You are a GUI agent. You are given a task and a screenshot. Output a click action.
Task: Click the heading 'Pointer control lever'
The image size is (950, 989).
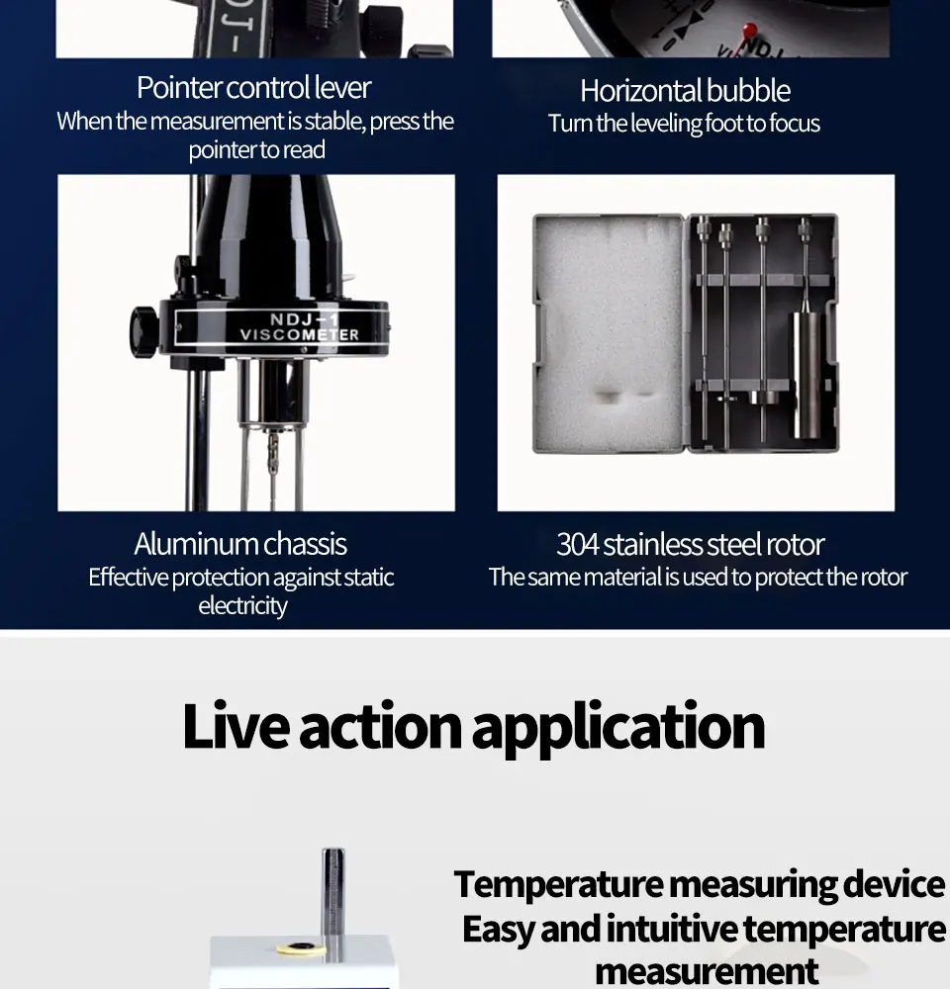point(253,88)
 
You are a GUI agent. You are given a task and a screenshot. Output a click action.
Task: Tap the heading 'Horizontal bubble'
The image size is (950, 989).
point(685,91)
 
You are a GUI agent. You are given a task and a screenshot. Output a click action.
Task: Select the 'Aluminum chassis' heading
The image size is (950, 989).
point(240,544)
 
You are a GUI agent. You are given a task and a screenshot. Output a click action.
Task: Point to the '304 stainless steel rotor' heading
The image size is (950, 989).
point(690,544)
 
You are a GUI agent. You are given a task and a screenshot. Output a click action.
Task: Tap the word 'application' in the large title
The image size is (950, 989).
point(618,727)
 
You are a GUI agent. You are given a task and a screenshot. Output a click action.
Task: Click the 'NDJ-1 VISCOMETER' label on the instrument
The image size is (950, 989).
point(299,327)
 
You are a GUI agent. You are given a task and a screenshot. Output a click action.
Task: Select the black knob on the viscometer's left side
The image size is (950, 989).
point(143,329)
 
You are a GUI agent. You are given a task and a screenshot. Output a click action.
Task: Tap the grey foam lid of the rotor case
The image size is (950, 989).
point(607,334)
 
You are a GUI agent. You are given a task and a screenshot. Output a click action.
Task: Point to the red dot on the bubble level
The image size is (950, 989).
point(750,30)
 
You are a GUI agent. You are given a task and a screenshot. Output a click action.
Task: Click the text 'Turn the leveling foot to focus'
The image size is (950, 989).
point(685,124)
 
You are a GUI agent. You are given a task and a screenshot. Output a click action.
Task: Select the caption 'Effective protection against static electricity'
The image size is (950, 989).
point(241,590)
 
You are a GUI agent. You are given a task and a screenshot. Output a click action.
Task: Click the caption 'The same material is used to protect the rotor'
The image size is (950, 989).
point(698,578)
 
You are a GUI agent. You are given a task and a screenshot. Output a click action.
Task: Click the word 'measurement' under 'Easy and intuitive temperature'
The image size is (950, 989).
point(707,970)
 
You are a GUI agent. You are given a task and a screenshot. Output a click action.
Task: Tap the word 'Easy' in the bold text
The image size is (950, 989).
point(502,929)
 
